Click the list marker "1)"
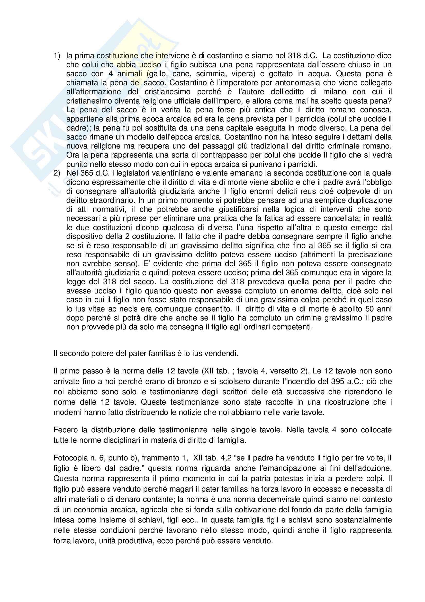[57, 56]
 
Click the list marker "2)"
[57, 173]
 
